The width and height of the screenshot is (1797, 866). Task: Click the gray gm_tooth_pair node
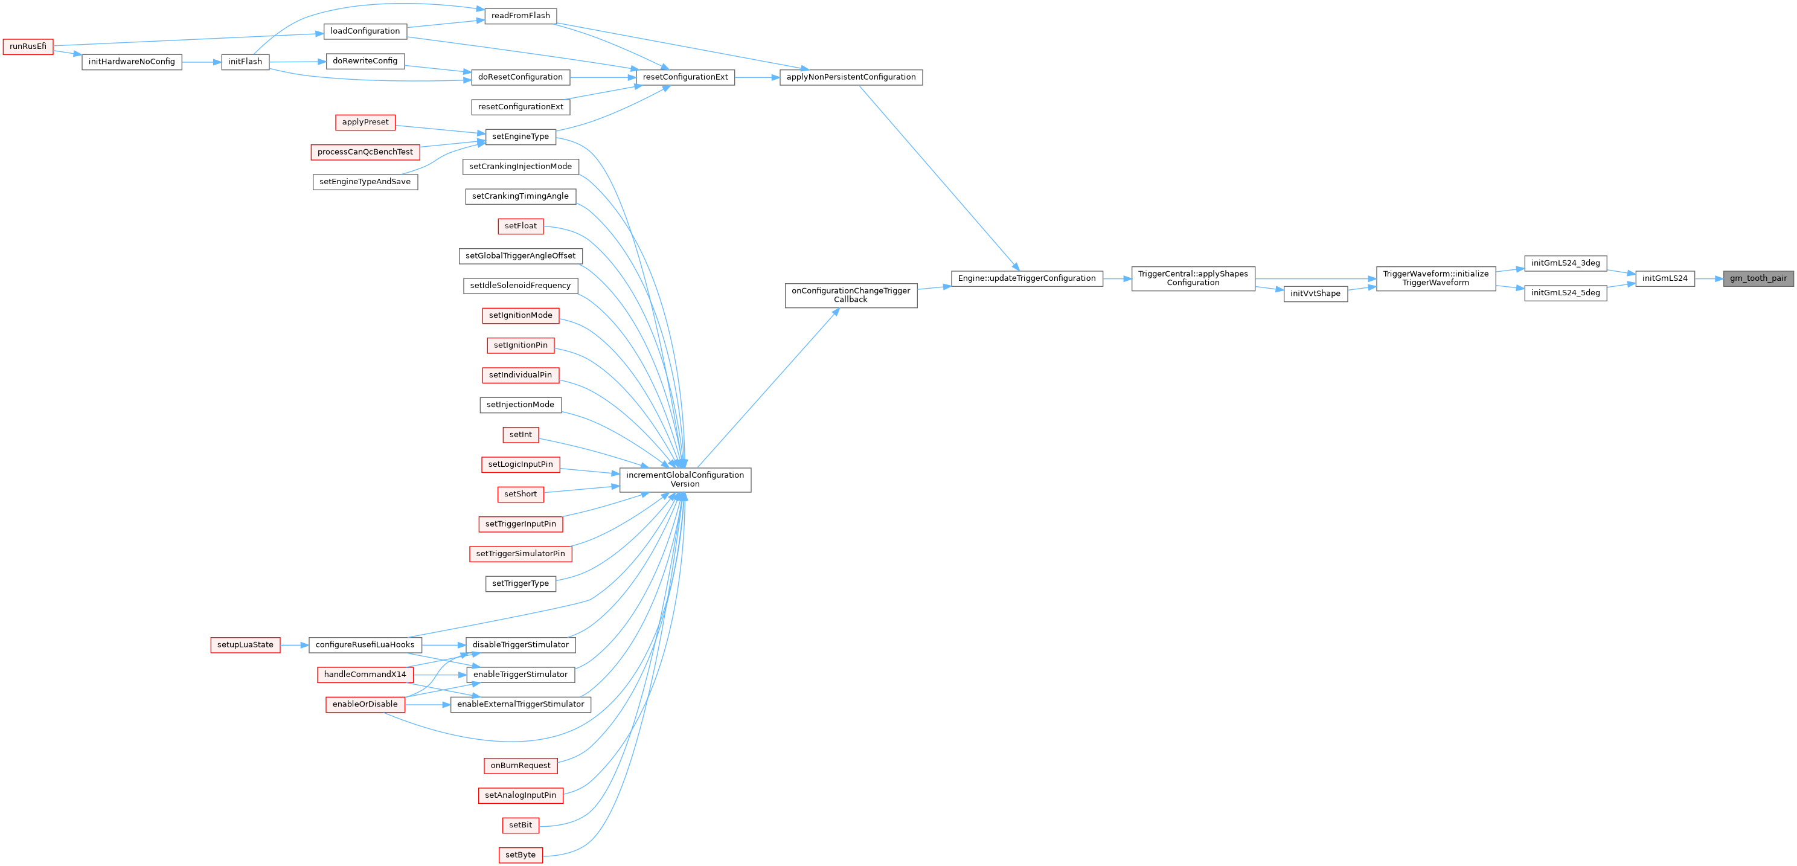coord(1758,278)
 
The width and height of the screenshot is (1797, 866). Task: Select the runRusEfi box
coord(28,47)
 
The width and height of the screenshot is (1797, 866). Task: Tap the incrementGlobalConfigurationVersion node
coord(685,480)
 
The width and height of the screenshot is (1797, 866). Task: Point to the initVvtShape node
coord(1316,293)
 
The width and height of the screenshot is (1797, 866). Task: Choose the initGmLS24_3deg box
coord(1565,263)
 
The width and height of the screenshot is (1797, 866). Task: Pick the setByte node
coord(521,855)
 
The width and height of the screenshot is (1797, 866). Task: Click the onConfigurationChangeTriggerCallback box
coord(851,295)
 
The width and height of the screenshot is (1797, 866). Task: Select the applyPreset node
coord(365,122)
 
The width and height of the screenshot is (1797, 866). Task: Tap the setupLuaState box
coord(246,645)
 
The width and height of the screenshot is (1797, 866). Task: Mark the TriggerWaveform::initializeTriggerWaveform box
coord(1436,278)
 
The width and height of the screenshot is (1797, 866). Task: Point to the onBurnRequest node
coord(521,766)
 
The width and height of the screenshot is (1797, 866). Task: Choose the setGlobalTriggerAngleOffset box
coord(521,256)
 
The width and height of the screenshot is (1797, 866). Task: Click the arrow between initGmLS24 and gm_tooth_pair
coord(1709,278)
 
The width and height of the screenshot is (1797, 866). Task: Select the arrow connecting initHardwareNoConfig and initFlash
coord(202,62)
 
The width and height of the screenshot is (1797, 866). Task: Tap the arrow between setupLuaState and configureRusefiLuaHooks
coord(295,645)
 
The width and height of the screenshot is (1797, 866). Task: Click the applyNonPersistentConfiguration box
coord(851,77)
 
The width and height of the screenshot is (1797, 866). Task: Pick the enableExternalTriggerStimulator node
coord(521,704)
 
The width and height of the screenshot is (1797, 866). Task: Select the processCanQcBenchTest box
coord(365,152)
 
